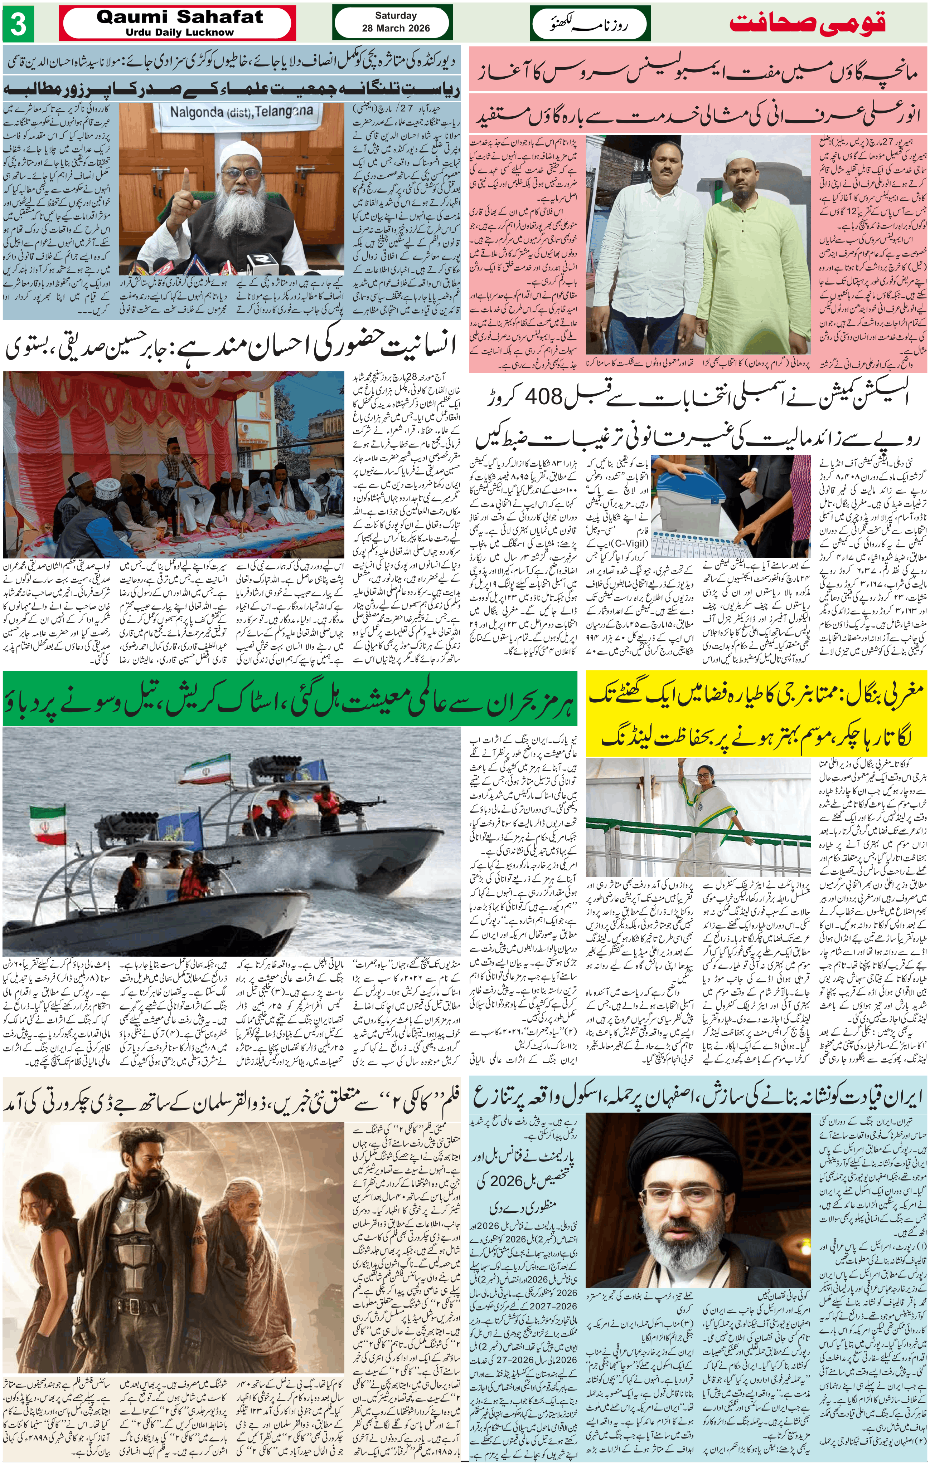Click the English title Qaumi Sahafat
[x=180, y=18]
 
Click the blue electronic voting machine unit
[x=688, y=490]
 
